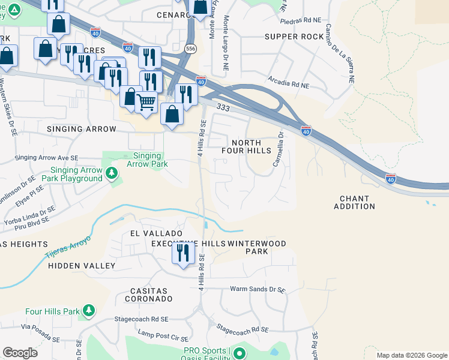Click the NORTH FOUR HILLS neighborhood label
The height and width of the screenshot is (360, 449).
click(251, 146)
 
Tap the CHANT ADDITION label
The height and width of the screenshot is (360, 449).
click(357, 202)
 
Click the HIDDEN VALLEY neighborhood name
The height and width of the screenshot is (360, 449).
click(81, 265)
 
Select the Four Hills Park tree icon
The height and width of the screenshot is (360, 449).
click(88, 311)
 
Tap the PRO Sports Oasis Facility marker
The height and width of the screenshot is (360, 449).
click(240, 353)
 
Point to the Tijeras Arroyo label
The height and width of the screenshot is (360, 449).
click(67, 247)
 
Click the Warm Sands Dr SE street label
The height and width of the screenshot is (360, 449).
click(258, 289)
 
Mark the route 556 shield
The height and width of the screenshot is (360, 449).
click(190, 48)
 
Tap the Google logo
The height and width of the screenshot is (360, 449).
click(20, 353)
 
